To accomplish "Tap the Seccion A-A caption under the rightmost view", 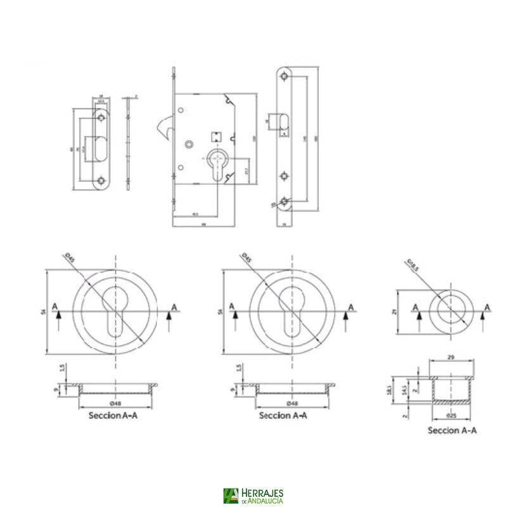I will [x=452, y=430].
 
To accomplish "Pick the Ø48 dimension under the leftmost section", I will [x=115, y=403].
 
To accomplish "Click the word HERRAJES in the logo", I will [x=262, y=492].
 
